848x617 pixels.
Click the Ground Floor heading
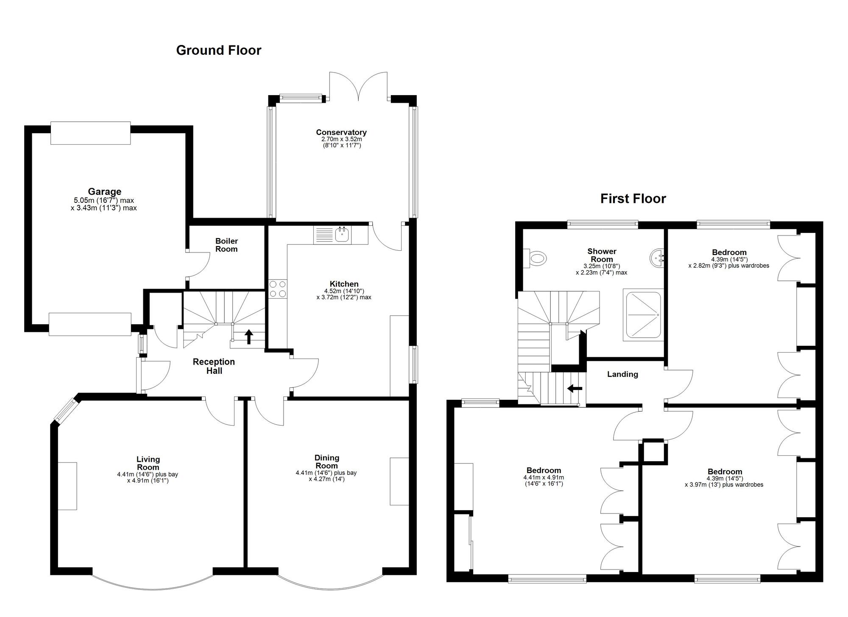tap(219, 50)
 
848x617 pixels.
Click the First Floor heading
tap(633, 199)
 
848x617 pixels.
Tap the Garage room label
tap(104, 191)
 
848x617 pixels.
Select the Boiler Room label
tap(226, 245)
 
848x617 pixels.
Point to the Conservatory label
tap(341, 132)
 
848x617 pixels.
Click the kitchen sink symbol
tap(342, 234)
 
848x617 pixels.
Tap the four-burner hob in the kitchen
tap(278, 289)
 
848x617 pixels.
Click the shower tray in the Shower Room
tap(642, 315)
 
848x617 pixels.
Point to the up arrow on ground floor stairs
tap(249, 337)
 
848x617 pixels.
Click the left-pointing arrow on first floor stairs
tap(575, 388)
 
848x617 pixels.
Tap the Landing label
tap(622, 374)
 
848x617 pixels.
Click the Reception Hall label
tap(214, 366)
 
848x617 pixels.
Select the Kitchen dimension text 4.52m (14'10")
tap(344, 291)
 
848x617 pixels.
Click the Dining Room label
tap(327, 462)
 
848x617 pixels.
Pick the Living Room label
tap(148, 463)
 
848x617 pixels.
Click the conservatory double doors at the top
tap(359, 86)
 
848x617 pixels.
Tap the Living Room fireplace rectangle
tap(67, 486)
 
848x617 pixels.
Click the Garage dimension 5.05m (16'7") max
tap(104, 201)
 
